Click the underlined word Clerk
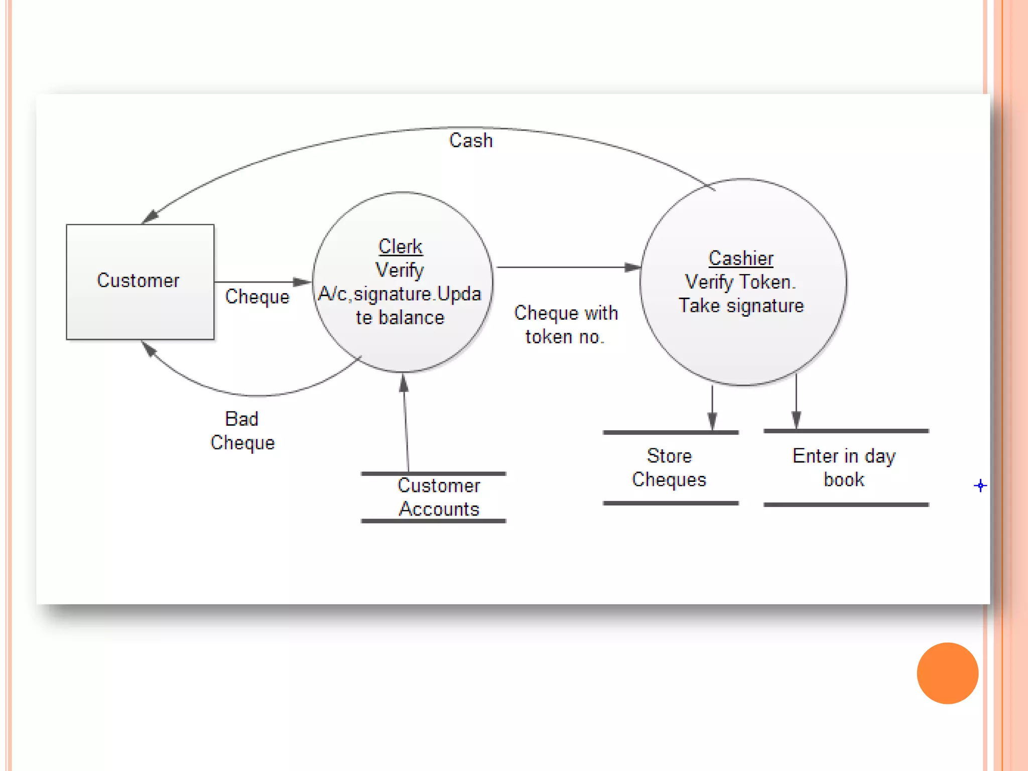400,246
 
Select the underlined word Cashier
741,258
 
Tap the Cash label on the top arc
471,141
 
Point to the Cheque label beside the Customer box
257,297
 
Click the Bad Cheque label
242,431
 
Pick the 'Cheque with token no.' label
566,325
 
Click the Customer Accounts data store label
439,497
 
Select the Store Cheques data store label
669,468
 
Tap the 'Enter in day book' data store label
844,468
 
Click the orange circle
947,673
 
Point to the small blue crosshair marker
980,485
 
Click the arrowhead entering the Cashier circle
632,267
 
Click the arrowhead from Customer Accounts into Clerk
404,383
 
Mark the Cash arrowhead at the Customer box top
150,217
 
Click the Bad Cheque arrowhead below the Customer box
149,348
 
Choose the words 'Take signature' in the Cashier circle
741,306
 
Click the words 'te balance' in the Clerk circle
400,318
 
